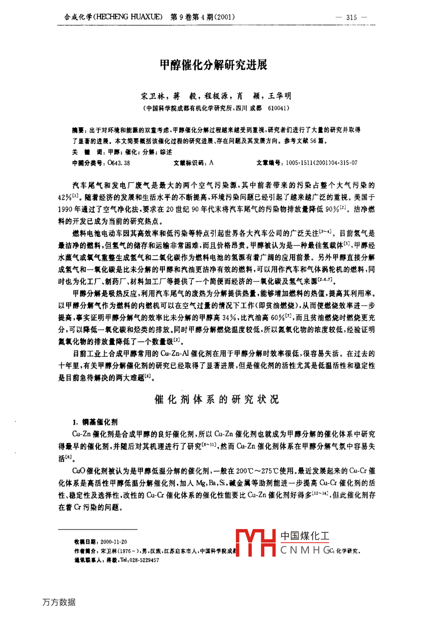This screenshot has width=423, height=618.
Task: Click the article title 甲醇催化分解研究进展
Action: tap(214, 65)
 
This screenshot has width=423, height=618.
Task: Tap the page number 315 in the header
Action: tap(351, 17)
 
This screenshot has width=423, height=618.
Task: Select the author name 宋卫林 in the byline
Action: tap(152, 96)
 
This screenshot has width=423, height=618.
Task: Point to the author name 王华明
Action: tap(279, 96)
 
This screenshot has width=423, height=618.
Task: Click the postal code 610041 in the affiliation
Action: tap(279, 108)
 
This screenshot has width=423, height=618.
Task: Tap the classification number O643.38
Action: tap(119, 163)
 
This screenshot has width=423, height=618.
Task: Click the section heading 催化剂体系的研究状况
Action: tap(217, 399)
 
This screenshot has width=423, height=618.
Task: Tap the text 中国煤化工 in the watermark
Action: tap(305, 536)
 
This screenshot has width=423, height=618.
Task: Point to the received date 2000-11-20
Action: tap(114, 542)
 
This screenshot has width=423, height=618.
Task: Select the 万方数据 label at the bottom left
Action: tap(58, 602)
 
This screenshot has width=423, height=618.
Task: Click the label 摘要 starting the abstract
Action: tap(78, 130)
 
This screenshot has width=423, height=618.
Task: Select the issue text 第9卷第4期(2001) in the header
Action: tap(203, 17)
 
